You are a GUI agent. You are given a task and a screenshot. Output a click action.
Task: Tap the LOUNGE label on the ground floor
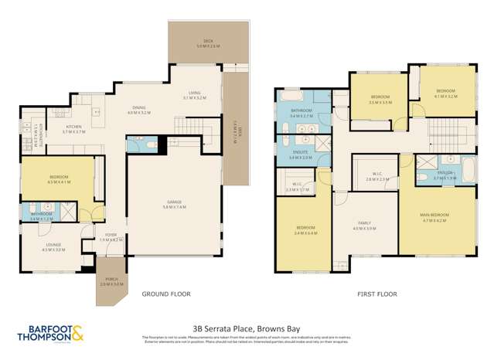click(x=50, y=247)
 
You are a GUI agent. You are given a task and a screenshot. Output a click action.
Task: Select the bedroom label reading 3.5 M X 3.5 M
click(x=380, y=99)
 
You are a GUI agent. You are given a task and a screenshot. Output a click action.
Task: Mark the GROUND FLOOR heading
click(x=165, y=294)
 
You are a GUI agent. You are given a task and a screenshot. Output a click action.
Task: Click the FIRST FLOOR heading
click(x=376, y=294)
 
